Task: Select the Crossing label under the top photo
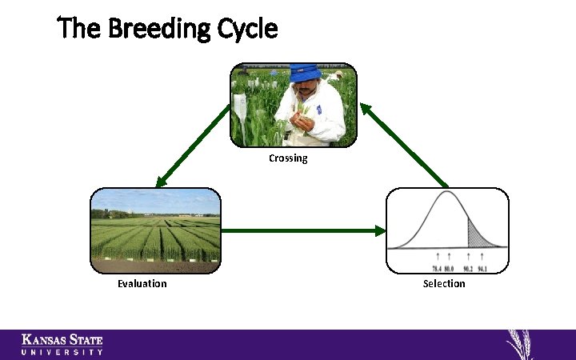[288, 158]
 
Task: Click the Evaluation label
[142, 283]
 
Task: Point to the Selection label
[444, 283]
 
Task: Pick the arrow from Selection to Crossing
[404, 144]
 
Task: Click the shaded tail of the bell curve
[480, 237]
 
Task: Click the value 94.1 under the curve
[482, 268]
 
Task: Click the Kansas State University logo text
[62, 344]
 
